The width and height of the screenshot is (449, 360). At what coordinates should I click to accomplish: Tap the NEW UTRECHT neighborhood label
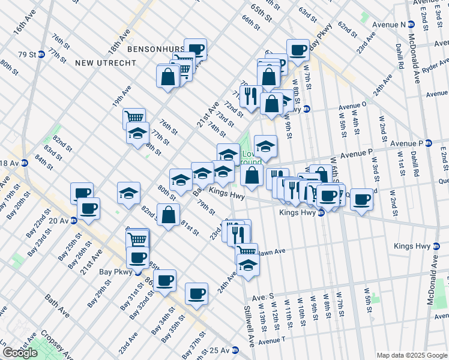[99, 62]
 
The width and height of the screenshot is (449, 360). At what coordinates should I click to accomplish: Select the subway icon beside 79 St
[41, 54]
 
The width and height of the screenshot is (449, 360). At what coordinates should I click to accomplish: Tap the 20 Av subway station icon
[73, 220]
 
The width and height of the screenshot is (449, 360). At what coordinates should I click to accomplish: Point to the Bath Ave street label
[58, 305]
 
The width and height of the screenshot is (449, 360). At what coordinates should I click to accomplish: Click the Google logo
[20, 353]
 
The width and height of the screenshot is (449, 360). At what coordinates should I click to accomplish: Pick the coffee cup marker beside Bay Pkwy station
[137, 257]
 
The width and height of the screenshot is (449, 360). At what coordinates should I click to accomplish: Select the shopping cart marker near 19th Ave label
[134, 118]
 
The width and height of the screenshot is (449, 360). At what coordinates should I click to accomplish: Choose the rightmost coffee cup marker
[361, 199]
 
